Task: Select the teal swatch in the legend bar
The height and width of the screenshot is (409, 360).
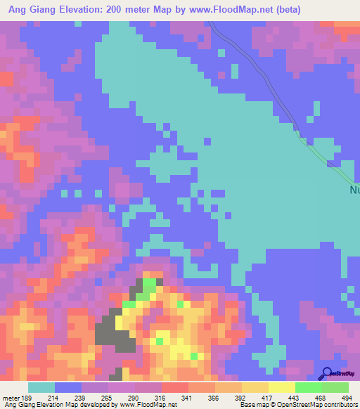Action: click(41, 387)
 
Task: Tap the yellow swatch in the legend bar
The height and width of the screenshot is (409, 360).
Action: click(281, 387)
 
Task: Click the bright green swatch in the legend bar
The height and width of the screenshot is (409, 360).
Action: click(308, 387)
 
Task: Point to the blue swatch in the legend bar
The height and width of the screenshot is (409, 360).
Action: click(68, 387)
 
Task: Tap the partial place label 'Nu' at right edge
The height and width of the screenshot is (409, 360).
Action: click(354, 190)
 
